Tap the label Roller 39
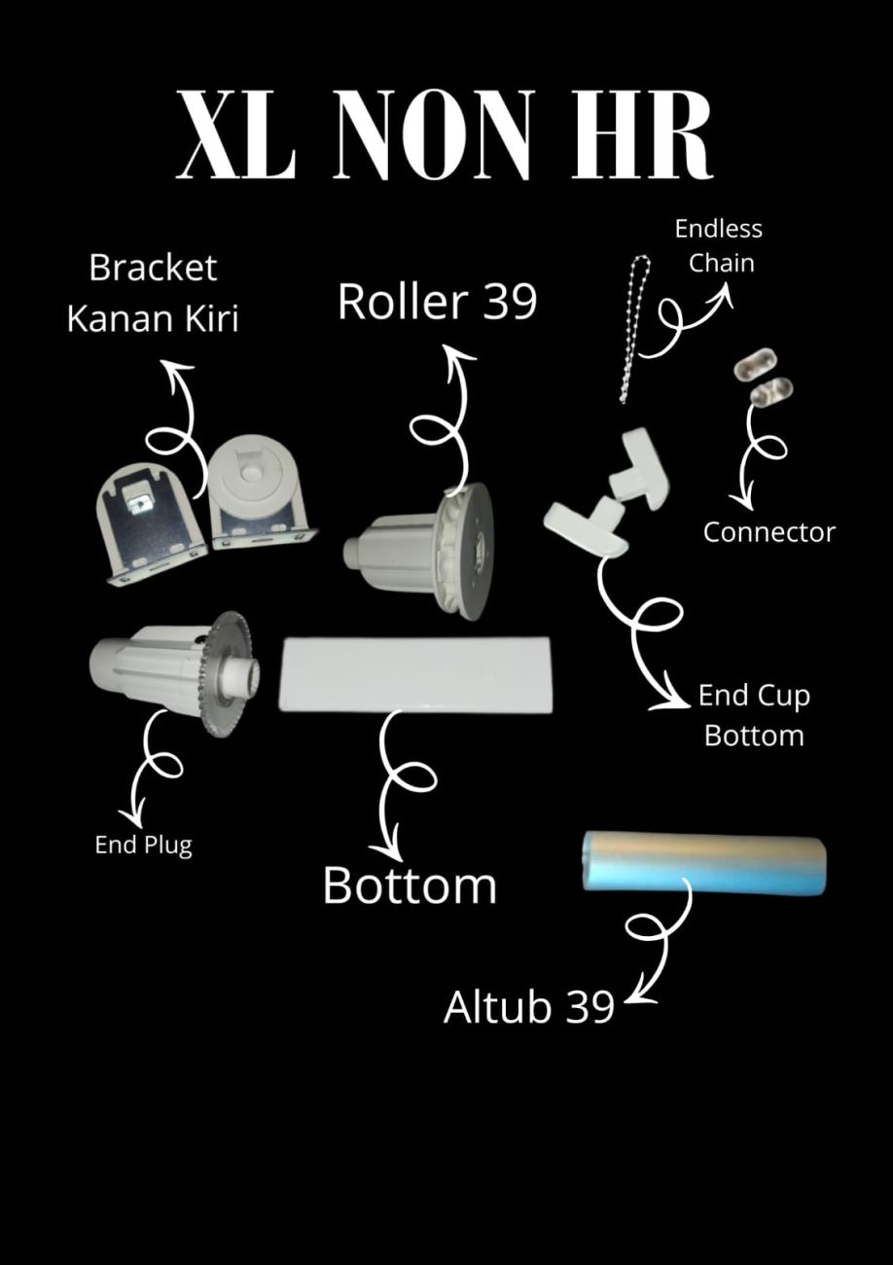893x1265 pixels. [x=437, y=302]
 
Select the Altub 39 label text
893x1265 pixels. [x=528, y=1006]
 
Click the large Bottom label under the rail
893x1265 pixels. [x=410, y=885]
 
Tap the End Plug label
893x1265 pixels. [x=143, y=845]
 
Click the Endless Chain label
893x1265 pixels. [x=719, y=245]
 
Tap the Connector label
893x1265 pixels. [x=768, y=532]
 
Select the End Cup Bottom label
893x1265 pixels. [x=753, y=715]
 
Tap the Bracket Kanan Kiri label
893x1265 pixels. [x=153, y=293]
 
